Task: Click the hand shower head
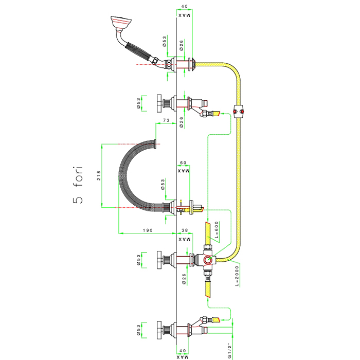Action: (x=121, y=23)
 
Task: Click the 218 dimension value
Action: (x=99, y=175)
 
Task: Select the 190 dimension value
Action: (x=148, y=230)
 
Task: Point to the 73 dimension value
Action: (x=166, y=120)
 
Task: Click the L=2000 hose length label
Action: (x=237, y=276)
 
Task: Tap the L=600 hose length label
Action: (x=217, y=230)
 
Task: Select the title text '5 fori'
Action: (x=78, y=185)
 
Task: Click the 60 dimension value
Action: (x=183, y=163)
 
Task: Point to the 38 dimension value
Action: (x=185, y=230)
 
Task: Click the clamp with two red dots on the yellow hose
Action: (x=239, y=112)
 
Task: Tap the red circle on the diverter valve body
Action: (x=208, y=260)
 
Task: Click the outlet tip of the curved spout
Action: (x=155, y=144)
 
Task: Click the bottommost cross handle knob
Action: (x=159, y=330)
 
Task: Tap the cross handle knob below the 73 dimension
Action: (x=159, y=103)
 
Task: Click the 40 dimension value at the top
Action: (x=184, y=6)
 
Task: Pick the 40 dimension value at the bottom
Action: (x=183, y=351)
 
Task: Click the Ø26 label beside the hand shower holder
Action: (x=182, y=45)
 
